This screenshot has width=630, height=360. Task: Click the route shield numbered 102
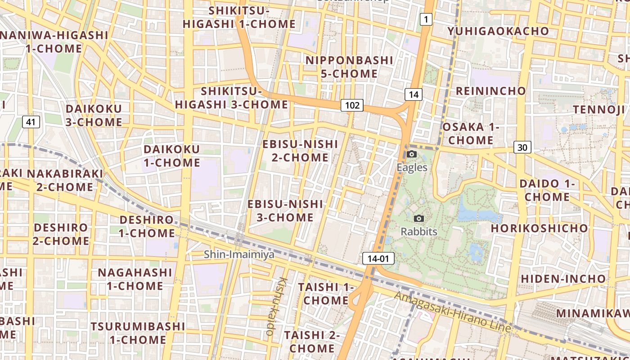pyautogui.click(x=352, y=105)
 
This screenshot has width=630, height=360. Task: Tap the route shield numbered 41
pyautogui.click(x=31, y=121)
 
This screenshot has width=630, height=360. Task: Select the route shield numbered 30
pyautogui.click(x=522, y=147)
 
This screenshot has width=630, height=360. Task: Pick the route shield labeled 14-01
pyautogui.click(x=378, y=258)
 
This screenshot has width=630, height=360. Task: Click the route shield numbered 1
pyautogui.click(x=426, y=19)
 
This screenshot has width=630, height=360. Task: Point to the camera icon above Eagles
pyautogui.click(x=411, y=154)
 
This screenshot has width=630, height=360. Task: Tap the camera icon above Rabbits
pyautogui.click(x=419, y=219)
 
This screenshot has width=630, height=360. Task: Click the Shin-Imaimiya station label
pyautogui.click(x=239, y=254)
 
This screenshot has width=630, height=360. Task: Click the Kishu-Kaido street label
pyautogui.click(x=276, y=306)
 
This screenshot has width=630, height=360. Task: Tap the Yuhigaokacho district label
pyautogui.click(x=498, y=31)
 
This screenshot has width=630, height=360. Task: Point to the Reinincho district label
pyautogui.click(x=491, y=91)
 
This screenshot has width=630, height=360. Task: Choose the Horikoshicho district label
pyautogui.click(x=539, y=228)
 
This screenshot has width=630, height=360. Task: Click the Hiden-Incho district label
pyautogui.click(x=563, y=279)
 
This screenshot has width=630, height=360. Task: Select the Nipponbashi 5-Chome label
pyautogui.click(x=349, y=67)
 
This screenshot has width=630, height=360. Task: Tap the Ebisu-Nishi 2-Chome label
pyautogui.click(x=300, y=150)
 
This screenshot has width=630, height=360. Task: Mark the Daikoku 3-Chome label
pyautogui.click(x=94, y=115)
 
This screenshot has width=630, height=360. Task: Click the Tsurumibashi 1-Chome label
pyautogui.click(x=138, y=333)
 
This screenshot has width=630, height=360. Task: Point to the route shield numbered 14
pyautogui.click(x=414, y=94)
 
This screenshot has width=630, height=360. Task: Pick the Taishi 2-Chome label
pyautogui.click(x=311, y=342)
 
